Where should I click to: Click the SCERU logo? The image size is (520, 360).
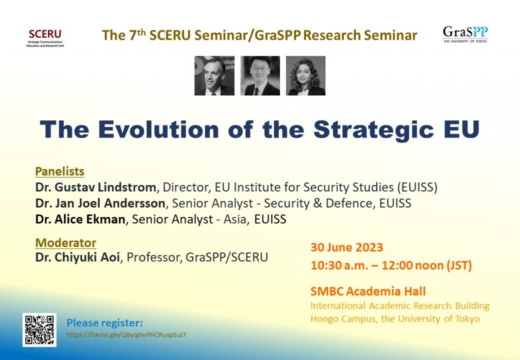click(45, 38)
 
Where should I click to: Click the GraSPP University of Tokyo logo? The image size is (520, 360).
click(465, 35)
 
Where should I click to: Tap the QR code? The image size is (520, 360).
click(40, 330)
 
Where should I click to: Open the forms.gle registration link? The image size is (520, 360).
click(126, 335)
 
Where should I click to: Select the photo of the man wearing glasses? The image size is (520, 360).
click(260, 76)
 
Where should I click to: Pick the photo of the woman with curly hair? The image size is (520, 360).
click(305, 76)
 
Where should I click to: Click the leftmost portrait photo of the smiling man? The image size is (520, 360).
click(214, 76)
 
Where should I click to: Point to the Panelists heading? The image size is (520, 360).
click(60, 172)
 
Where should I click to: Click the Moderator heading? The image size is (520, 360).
click(66, 243)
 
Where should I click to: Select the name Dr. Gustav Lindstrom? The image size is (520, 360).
click(96, 187)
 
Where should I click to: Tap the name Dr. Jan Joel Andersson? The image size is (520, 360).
click(100, 203)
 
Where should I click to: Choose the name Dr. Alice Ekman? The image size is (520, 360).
click(80, 219)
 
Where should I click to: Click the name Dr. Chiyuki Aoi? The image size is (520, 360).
click(78, 257)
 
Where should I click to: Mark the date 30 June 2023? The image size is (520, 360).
click(347, 247)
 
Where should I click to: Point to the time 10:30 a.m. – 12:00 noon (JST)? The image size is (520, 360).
click(392, 266)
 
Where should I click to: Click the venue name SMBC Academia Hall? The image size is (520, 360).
click(368, 291)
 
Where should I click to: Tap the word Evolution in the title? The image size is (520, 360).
click(158, 129)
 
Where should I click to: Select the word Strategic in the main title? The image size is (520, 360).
click(373, 130)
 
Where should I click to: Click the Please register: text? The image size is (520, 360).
click(105, 323)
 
